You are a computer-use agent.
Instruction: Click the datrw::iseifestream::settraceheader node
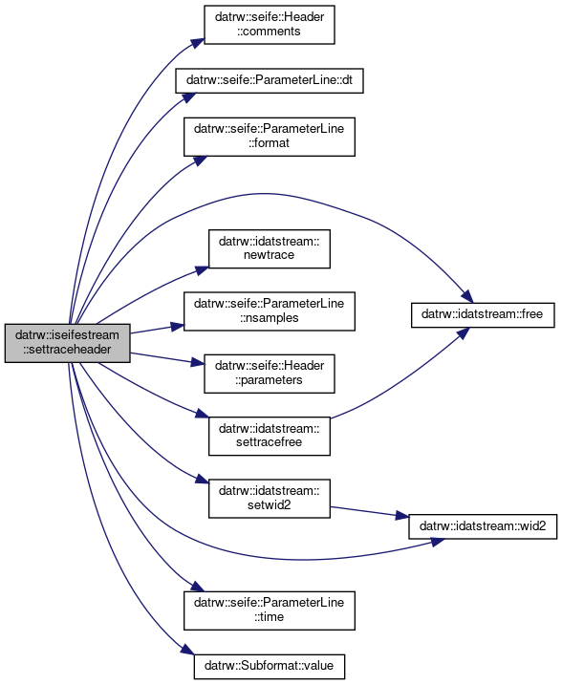tap(67, 343)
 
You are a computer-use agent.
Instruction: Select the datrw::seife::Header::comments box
tap(270, 25)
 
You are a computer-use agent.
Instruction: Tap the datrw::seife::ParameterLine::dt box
tap(270, 80)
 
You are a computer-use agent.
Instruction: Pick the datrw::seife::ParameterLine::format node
tap(270, 137)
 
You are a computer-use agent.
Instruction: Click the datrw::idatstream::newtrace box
tap(270, 248)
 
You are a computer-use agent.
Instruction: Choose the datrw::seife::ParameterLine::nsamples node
tap(270, 311)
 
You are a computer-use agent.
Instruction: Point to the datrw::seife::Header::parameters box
tap(270, 374)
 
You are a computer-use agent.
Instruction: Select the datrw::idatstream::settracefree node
tap(270, 436)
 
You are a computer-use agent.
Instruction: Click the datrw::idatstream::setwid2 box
tap(270, 499)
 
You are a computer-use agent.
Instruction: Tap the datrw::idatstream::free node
tap(483, 314)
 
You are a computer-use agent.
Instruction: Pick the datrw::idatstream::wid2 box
tap(483, 526)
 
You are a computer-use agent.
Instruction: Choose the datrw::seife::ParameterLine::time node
tap(270, 610)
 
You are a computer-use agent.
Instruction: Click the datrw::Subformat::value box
tap(270, 666)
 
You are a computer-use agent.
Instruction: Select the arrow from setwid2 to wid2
tap(369, 512)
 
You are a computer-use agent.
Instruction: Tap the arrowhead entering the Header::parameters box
tap(198, 362)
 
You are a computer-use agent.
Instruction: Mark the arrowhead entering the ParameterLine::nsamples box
tap(177, 327)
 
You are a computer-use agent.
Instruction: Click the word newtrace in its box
tap(270, 255)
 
